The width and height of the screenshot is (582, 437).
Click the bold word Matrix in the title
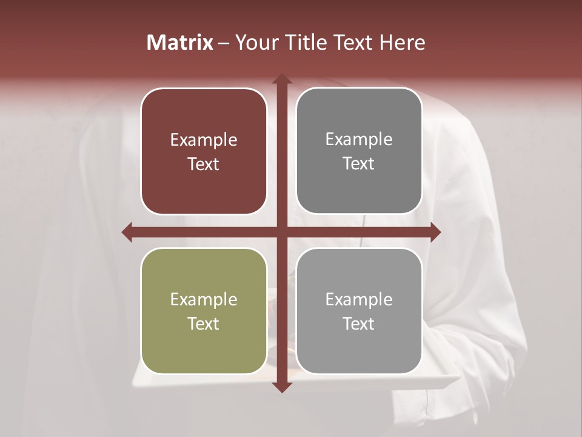pyautogui.click(x=180, y=42)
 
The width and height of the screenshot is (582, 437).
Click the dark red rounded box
pyautogui.click(x=204, y=151)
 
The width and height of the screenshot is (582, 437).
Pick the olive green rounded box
pyautogui.click(x=204, y=311)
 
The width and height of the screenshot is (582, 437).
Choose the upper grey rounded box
pyautogui.click(x=359, y=151)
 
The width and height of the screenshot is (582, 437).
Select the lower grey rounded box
pyautogui.click(x=359, y=311)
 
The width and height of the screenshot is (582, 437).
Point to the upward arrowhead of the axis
pyautogui.click(x=281, y=79)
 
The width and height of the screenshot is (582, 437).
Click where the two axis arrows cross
pyautogui.click(x=281, y=232)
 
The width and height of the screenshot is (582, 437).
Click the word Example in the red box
pyautogui.click(x=204, y=140)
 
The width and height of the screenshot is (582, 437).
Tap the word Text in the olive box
pyautogui.click(x=204, y=324)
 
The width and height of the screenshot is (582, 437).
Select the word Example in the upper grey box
pyautogui.click(x=359, y=140)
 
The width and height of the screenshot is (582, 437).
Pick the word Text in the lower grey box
pyautogui.click(x=359, y=324)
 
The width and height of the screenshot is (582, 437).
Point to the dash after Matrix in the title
pyautogui.click(x=224, y=43)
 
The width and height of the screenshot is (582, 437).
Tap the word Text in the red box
pyautogui.click(x=204, y=164)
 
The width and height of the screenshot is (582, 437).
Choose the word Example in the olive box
pyautogui.click(x=204, y=300)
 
